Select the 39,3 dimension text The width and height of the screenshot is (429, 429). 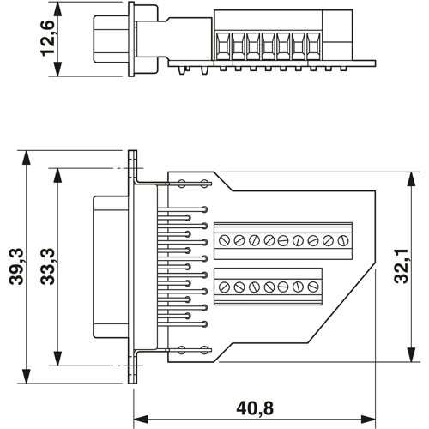point(15,266)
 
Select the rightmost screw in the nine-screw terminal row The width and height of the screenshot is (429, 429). point(343,239)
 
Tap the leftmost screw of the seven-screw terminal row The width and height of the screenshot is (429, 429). point(227,287)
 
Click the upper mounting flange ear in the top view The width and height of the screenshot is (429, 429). point(133,166)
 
